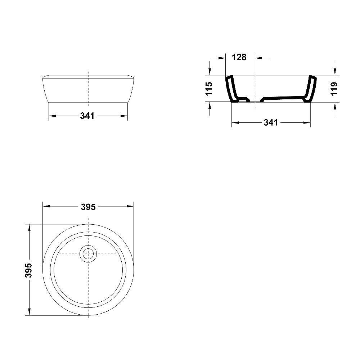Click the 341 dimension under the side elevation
(x=87, y=116)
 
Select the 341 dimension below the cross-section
(x=271, y=122)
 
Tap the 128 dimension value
(x=239, y=57)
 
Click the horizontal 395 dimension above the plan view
(x=88, y=207)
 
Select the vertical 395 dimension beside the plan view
(x=29, y=270)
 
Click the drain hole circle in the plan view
(x=88, y=254)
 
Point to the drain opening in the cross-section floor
(x=255, y=98)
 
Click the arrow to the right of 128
(x=260, y=57)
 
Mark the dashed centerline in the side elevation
(x=88, y=86)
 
